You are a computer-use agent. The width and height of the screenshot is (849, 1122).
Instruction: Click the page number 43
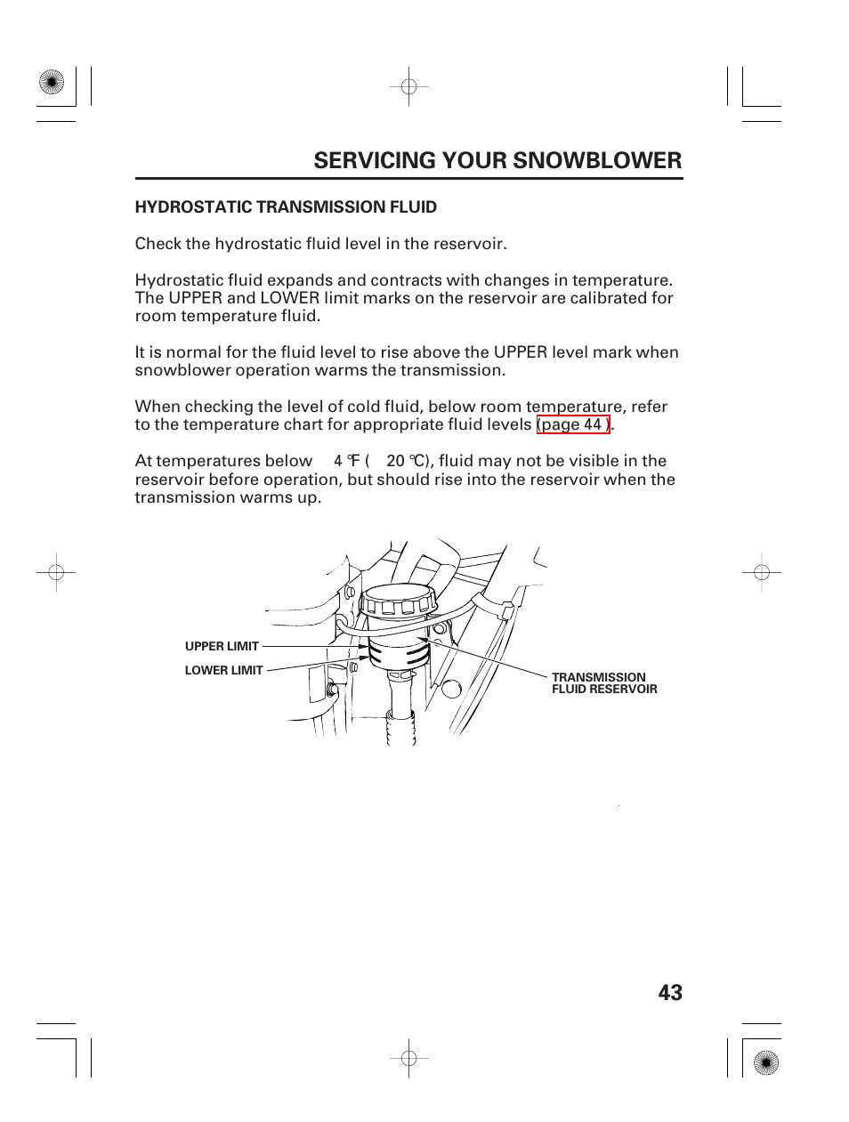point(671,993)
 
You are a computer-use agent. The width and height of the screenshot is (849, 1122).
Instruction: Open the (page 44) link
point(573,424)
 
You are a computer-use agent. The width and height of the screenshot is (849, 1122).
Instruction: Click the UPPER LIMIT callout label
point(222,647)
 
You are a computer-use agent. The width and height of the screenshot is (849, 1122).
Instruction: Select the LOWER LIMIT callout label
point(223,670)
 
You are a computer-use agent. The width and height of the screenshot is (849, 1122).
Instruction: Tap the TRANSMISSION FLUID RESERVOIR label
point(603,683)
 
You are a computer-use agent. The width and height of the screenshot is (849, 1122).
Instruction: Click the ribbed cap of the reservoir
point(396,603)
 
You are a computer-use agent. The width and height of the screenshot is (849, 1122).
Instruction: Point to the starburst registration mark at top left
point(53,83)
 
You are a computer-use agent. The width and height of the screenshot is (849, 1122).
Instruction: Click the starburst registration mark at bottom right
point(764,1061)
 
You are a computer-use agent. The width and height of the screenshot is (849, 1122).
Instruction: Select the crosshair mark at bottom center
point(408,1058)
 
